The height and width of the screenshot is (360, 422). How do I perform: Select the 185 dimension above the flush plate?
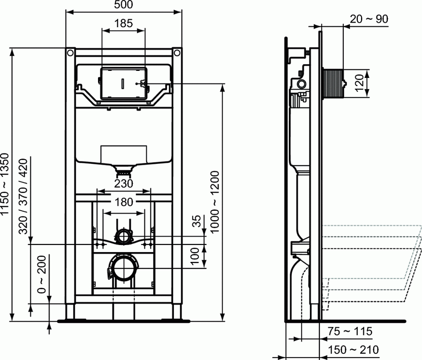[x=123, y=23]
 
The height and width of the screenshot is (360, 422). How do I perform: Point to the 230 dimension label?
[x=123, y=184]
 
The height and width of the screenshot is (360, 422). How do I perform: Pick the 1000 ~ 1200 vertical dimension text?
[x=215, y=200]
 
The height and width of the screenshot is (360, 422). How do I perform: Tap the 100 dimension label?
[x=197, y=256]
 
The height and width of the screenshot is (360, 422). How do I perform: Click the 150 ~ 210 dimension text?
[x=354, y=350]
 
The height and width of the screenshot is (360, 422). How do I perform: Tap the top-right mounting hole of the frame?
[x=177, y=52]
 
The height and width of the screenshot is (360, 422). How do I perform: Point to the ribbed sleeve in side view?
[x=333, y=84]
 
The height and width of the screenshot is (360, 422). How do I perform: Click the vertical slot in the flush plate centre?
[x=123, y=84]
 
